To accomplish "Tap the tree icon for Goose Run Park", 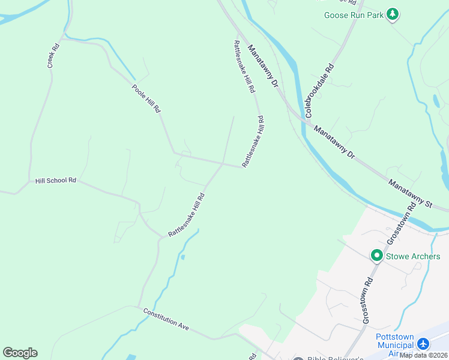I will [x=393, y=14].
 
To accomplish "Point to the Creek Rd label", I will [x=54, y=55].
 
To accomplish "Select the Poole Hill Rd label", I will [x=147, y=99].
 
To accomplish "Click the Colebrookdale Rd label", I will [x=319, y=91].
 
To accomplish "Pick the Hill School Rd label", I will [x=56, y=180].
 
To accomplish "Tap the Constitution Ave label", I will [x=166, y=319].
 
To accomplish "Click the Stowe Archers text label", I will [x=414, y=256].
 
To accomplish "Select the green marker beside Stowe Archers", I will [x=377, y=256].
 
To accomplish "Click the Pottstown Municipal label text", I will [x=396, y=340].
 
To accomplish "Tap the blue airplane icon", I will [x=424, y=344].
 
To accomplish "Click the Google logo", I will [x=20, y=353].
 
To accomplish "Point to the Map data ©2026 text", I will [x=423, y=355].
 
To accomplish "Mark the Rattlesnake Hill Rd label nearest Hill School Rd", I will [x=187, y=215].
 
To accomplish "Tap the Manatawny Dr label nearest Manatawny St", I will [x=335, y=142].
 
